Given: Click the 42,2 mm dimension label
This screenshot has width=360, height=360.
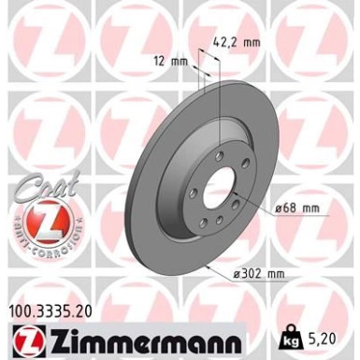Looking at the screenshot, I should pos(238,40).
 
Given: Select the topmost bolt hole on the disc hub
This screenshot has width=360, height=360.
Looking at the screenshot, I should pos(219,145).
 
